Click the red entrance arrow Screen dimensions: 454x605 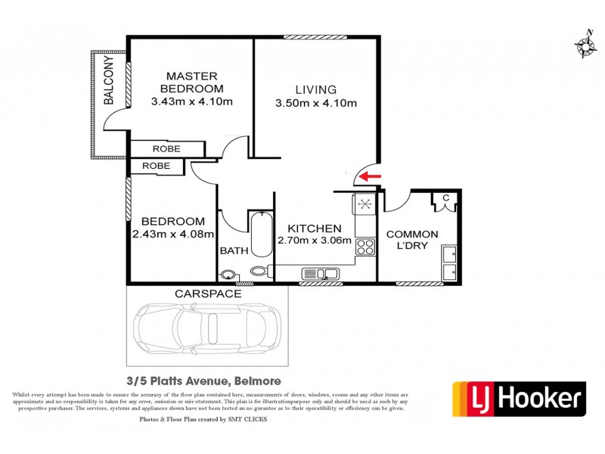coord(369,177)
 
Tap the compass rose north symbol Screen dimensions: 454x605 coord(585,45)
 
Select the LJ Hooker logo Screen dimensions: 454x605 coord(519,398)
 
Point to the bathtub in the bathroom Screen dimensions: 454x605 coord(260,235)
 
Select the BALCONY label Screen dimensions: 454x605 coord(109,82)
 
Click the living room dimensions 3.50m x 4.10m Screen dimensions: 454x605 coord(316,103)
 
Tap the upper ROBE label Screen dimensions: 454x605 coord(166,149)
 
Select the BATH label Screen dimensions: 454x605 coord(231,250)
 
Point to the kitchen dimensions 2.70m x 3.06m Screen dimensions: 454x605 coord(314,241)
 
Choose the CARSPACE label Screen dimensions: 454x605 coord(208,293)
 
